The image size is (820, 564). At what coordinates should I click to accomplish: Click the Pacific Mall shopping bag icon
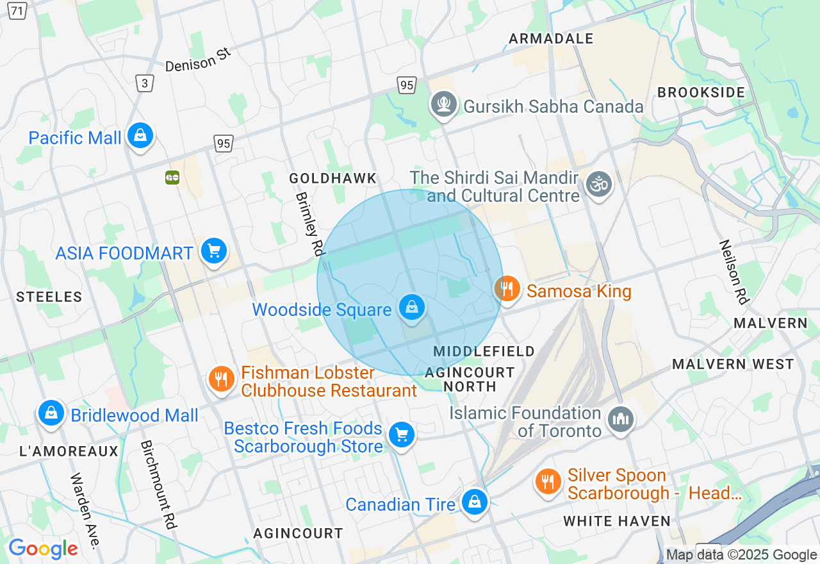[x=140, y=136]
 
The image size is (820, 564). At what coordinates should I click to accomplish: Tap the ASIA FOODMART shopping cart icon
[x=214, y=251]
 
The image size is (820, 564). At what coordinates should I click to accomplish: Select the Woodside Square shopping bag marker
[x=412, y=308]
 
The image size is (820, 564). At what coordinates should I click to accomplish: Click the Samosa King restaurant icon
[x=507, y=289]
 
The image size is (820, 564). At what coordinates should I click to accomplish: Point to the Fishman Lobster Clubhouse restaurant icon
[x=221, y=379]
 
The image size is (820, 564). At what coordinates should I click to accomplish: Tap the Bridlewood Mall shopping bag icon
[x=51, y=413]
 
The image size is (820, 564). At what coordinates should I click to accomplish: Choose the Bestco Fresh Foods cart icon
[x=402, y=435]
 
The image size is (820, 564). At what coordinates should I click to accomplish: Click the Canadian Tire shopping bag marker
[x=475, y=502]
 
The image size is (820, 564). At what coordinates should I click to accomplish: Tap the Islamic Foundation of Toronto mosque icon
[x=620, y=420]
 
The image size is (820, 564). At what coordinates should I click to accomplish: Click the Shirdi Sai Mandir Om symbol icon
[x=599, y=185]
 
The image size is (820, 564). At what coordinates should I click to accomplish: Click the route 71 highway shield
[x=17, y=11]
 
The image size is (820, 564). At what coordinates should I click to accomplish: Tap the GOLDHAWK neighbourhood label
[x=332, y=178]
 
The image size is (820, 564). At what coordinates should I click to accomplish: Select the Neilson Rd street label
[x=734, y=272]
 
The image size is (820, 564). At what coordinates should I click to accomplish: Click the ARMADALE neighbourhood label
[x=551, y=38]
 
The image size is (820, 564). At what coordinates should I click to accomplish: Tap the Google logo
[x=43, y=549]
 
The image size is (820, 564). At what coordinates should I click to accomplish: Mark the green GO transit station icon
[x=172, y=178]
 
